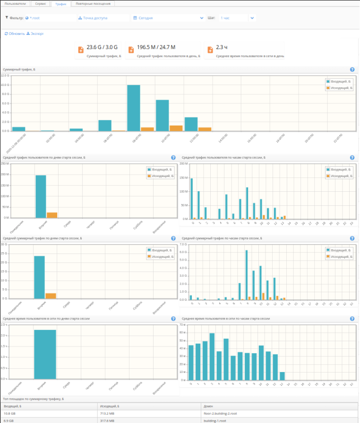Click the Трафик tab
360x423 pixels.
(61, 4)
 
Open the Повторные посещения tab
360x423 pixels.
(93, 4)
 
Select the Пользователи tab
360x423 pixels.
(16, 4)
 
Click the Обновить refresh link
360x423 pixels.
(15, 34)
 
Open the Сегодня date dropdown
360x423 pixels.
(168, 18)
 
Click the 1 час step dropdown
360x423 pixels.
(236, 18)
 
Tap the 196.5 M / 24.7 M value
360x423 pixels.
(156, 47)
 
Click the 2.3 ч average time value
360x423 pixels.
(222, 47)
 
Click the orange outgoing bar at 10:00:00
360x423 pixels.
(176, 128)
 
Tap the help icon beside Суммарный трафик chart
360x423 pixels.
(352, 69)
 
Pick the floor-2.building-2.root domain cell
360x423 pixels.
(220, 413)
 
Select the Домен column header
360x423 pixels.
(208, 406)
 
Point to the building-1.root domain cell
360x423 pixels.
(214, 420)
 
